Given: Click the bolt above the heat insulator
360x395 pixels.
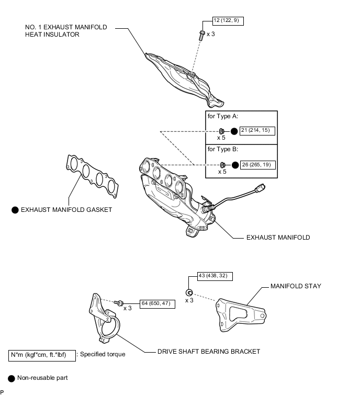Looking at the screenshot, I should coord(202,35).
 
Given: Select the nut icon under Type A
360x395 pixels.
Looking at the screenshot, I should coord(222,131).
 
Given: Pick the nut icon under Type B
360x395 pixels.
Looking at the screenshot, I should coord(222,165).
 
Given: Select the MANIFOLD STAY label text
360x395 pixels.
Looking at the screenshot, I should coord(296,286).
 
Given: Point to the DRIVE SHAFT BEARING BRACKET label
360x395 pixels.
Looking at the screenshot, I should coord(209,352).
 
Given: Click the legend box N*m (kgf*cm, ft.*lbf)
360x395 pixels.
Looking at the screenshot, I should coord(42,354).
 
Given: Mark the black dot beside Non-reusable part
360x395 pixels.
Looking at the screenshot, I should coord(12,378).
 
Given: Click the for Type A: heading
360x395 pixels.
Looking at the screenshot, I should coord(223,117).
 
